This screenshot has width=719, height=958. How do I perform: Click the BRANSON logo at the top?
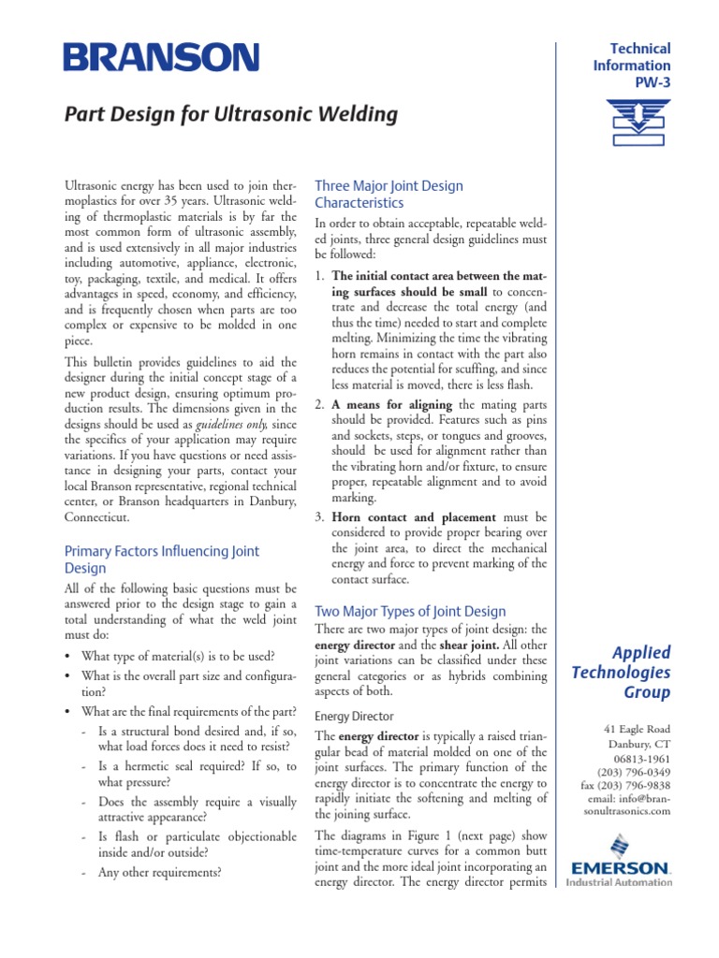click(x=161, y=58)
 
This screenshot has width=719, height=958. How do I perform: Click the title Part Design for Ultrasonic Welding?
click(x=230, y=115)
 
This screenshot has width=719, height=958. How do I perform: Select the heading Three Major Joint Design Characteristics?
click(x=389, y=194)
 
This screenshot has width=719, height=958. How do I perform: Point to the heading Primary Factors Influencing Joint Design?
click(x=161, y=559)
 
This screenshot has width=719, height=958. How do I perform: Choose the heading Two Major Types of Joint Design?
click(x=410, y=611)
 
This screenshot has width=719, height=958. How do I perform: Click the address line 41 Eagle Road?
click(x=638, y=729)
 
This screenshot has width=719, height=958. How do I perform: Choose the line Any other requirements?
click(x=159, y=873)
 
